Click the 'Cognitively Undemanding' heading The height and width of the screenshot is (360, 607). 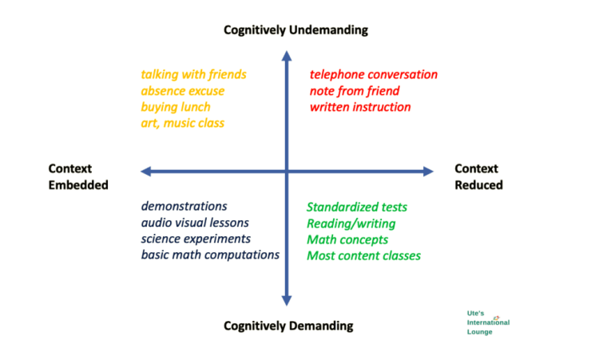click(x=296, y=30)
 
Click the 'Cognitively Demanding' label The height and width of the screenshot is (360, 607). click(x=288, y=326)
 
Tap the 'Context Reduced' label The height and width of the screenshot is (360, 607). click(x=478, y=176)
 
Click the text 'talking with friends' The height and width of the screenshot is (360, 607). click(x=193, y=74)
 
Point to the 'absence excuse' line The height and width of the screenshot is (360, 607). click(x=183, y=91)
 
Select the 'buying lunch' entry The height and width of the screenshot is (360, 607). click(x=176, y=107)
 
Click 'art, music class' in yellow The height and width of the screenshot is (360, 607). click(x=183, y=123)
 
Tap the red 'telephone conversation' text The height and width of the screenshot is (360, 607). click(x=374, y=74)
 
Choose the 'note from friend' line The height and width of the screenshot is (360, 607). click(x=355, y=91)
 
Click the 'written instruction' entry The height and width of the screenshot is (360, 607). click(x=360, y=107)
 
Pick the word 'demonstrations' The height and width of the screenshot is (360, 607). click(x=184, y=207)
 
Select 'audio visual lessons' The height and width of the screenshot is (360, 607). click(x=196, y=223)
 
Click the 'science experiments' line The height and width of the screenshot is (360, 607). click(x=196, y=239)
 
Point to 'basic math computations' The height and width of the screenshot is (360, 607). click(x=211, y=255)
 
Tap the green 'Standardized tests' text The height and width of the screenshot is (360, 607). click(x=357, y=208)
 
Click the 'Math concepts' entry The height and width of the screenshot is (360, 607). click(x=347, y=239)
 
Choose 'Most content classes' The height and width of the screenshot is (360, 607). click(x=363, y=255)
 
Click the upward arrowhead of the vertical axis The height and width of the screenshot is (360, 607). click(x=287, y=56)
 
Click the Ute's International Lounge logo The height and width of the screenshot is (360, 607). click(x=488, y=322)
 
